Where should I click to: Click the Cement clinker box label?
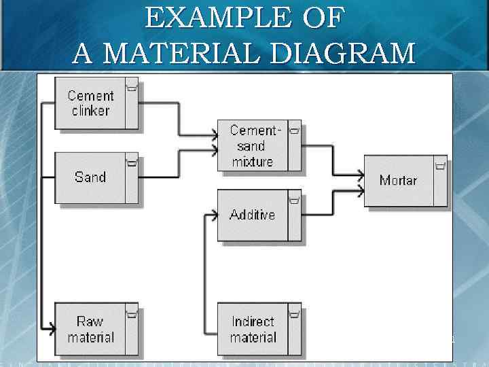tap(90, 103)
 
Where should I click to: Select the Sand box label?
tap(90, 177)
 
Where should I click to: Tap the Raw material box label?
tap(90, 329)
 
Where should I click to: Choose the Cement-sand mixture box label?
tap(253, 145)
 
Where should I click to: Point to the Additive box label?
tap(252, 215)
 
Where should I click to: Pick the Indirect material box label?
tap(253, 329)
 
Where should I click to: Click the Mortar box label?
tap(398, 180)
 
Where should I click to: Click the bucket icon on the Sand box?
tap(132, 162)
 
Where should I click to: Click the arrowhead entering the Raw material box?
tap(51, 330)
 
